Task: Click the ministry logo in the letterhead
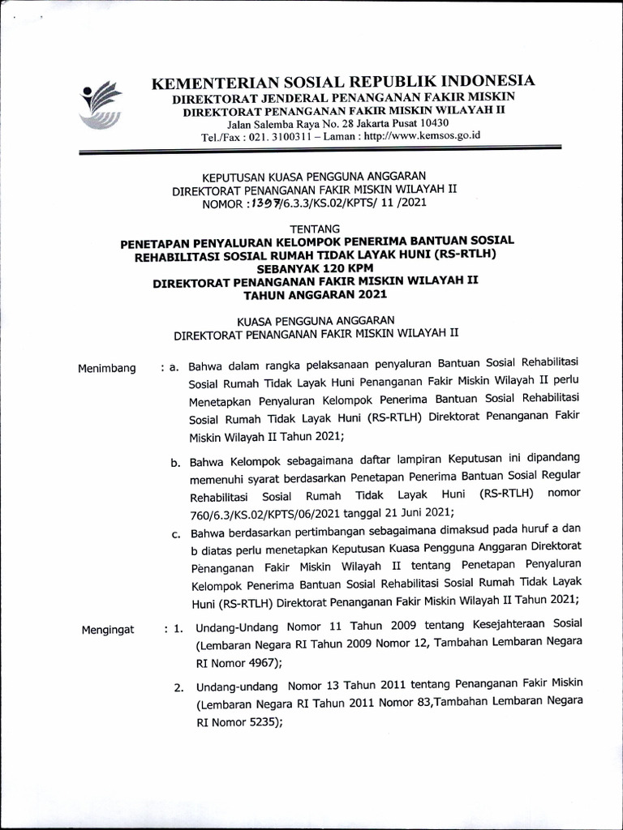[101, 105]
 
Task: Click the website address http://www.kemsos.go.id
[423, 137]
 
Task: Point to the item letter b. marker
[175, 463]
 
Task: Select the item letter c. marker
[175, 533]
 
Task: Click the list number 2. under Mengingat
[178, 688]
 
